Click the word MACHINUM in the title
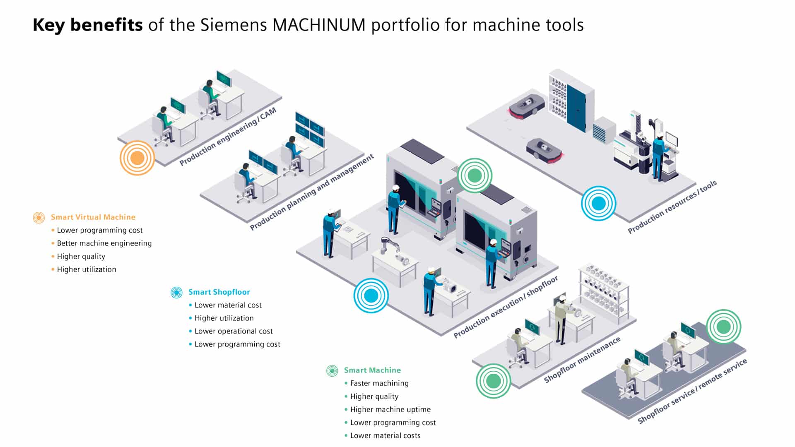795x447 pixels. (319, 25)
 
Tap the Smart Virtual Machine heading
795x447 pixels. (93, 217)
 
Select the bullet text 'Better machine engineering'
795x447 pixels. (104, 243)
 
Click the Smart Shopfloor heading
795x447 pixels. (219, 292)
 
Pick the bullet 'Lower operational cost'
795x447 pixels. (234, 331)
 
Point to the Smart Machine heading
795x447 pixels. (372, 370)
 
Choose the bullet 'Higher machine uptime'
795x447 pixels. (390, 409)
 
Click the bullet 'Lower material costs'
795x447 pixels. (385, 435)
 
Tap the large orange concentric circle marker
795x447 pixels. (137, 158)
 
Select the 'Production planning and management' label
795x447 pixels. (311, 192)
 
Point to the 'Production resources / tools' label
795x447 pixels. (672, 207)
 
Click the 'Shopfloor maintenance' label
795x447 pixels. (582, 360)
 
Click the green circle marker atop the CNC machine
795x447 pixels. (475, 175)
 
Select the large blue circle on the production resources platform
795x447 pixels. (598, 203)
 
